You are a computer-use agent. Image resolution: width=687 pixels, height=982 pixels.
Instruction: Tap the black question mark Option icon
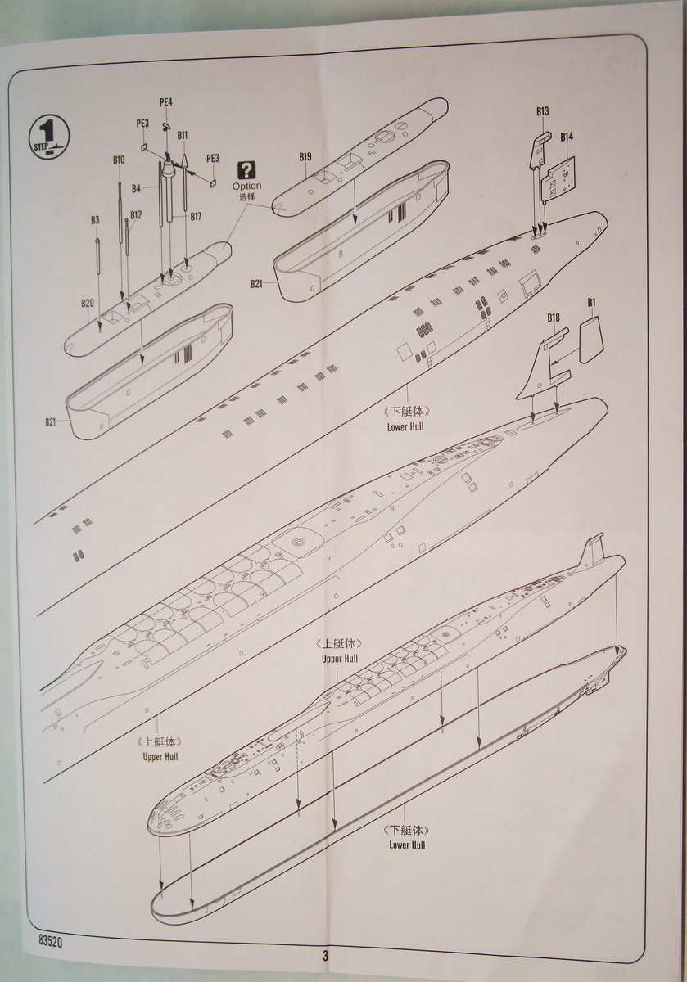coord(246,170)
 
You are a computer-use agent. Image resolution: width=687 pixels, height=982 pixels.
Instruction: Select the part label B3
coord(95,220)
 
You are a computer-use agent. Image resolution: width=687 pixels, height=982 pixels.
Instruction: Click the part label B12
coord(136,215)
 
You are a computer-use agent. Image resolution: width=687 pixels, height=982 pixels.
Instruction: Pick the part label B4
coord(137,189)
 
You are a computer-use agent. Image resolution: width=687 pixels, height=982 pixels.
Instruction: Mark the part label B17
coord(196,216)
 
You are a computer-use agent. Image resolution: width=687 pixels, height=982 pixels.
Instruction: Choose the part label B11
coord(182,135)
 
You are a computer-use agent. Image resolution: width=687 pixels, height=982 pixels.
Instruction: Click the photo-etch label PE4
coord(166,102)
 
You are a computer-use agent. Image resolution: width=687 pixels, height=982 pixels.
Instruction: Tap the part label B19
coord(305,156)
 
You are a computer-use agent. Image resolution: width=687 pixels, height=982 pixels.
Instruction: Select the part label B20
coord(88,303)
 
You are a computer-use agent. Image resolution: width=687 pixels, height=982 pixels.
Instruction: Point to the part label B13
coord(542,110)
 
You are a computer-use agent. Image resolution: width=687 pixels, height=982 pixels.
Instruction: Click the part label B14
coord(567,137)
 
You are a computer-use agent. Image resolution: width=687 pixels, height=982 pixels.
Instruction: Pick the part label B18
coord(554,318)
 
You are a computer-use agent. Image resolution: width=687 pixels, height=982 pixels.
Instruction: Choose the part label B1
coord(591,304)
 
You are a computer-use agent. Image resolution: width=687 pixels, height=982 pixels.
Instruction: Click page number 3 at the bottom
coord(325,956)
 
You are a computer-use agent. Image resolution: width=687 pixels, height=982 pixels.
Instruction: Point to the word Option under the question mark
coord(246,187)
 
